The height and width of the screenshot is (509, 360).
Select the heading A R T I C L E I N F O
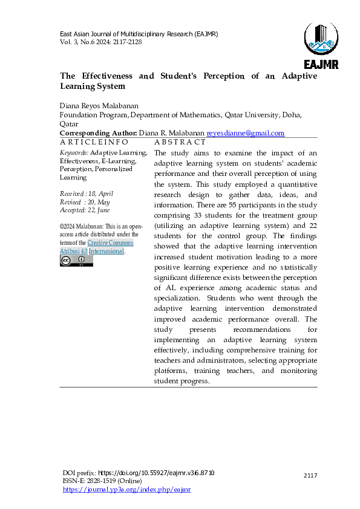coord(94,142)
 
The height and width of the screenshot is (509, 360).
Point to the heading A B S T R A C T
coord(180,142)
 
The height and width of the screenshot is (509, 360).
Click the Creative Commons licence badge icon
coord(76,261)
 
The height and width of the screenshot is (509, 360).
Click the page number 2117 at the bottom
coord(310,476)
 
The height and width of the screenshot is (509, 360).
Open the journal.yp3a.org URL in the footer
coord(126,489)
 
